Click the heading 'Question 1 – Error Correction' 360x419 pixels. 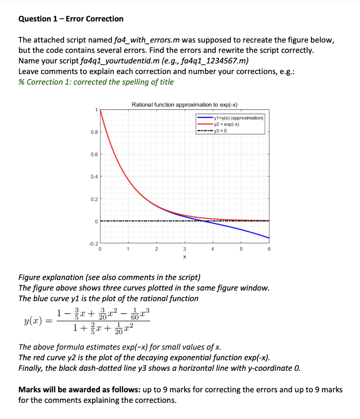coord(71,19)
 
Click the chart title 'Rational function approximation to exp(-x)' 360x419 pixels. coord(184,105)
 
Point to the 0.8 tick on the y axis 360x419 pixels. coord(94,132)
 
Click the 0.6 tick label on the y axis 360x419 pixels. coord(94,154)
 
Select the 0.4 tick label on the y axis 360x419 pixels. coord(94,177)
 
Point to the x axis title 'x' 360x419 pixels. coord(184,257)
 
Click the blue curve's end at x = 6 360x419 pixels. coord(269,237)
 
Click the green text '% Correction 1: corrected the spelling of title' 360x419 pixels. coord(96,82)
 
